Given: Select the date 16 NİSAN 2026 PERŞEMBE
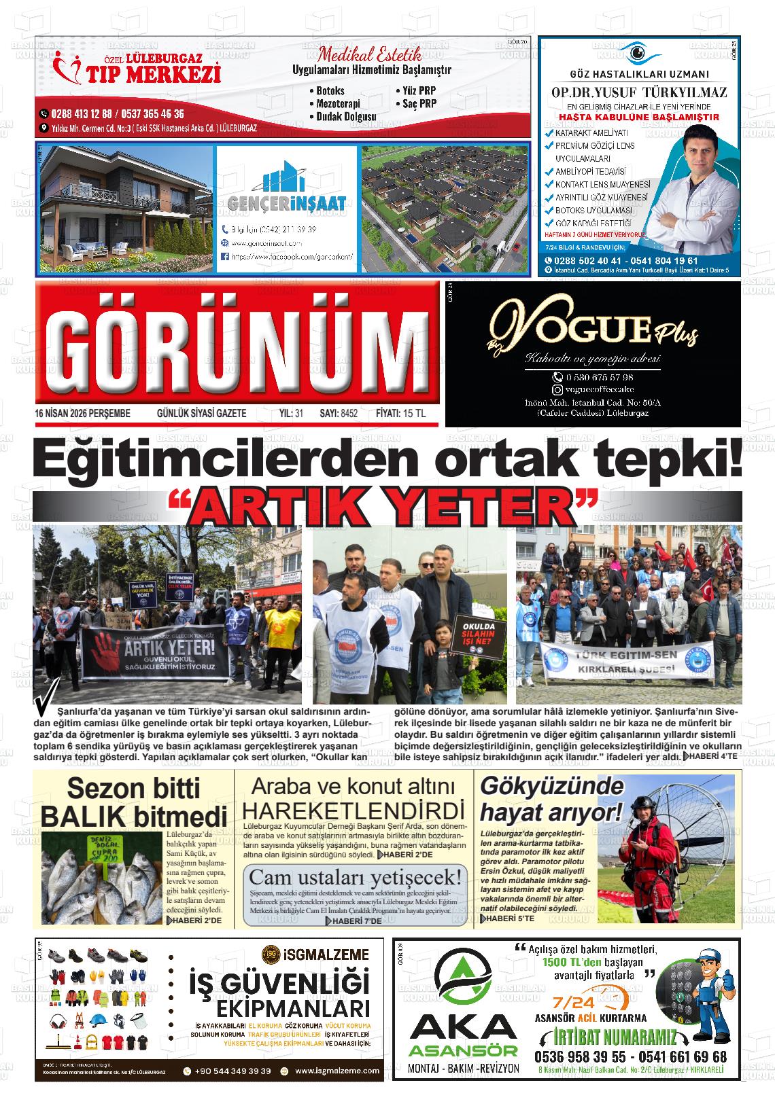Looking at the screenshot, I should point(82,413).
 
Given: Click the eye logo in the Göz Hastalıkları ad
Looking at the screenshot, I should point(637,52).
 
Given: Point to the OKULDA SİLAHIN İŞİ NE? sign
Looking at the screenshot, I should point(474,637).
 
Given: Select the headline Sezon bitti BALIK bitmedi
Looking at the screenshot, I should point(133,802).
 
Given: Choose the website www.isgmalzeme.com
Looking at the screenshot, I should point(337,1071).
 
